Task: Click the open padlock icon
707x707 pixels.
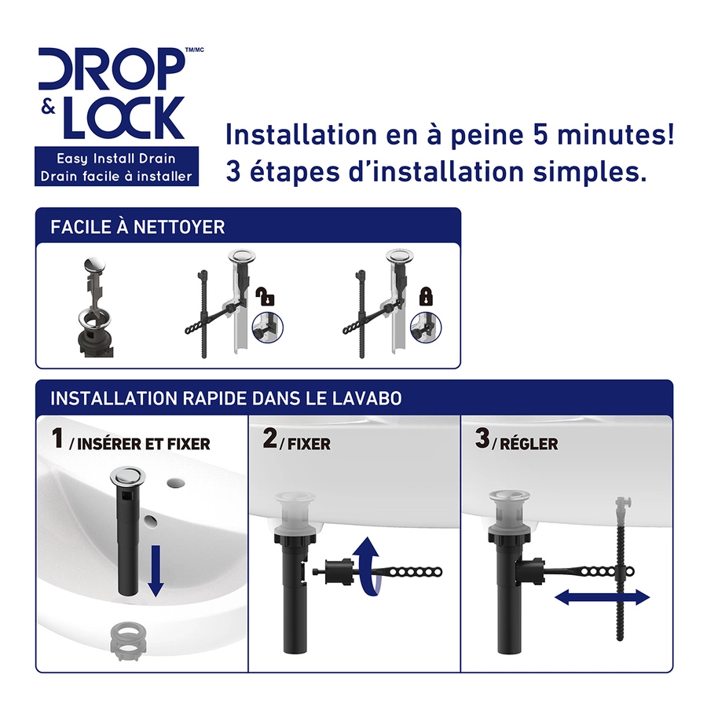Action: [266, 296]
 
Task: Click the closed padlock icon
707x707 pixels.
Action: [426, 296]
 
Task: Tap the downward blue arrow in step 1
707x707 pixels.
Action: [156, 571]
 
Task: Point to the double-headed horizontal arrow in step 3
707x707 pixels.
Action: [602, 598]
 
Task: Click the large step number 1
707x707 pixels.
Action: [57, 438]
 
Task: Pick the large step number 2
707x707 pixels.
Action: [269, 438]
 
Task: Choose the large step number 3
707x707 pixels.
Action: [482, 438]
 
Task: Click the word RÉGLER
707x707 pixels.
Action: [529, 444]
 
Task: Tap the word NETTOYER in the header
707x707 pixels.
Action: [179, 227]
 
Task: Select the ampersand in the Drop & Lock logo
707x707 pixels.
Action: [48, 108]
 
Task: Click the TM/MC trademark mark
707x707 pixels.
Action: [195, 50]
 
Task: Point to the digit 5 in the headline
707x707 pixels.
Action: [540, 135]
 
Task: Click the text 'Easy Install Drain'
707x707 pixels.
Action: [116, 159]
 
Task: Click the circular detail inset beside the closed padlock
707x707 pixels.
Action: [426, 328]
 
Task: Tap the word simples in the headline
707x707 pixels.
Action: [589, 172]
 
